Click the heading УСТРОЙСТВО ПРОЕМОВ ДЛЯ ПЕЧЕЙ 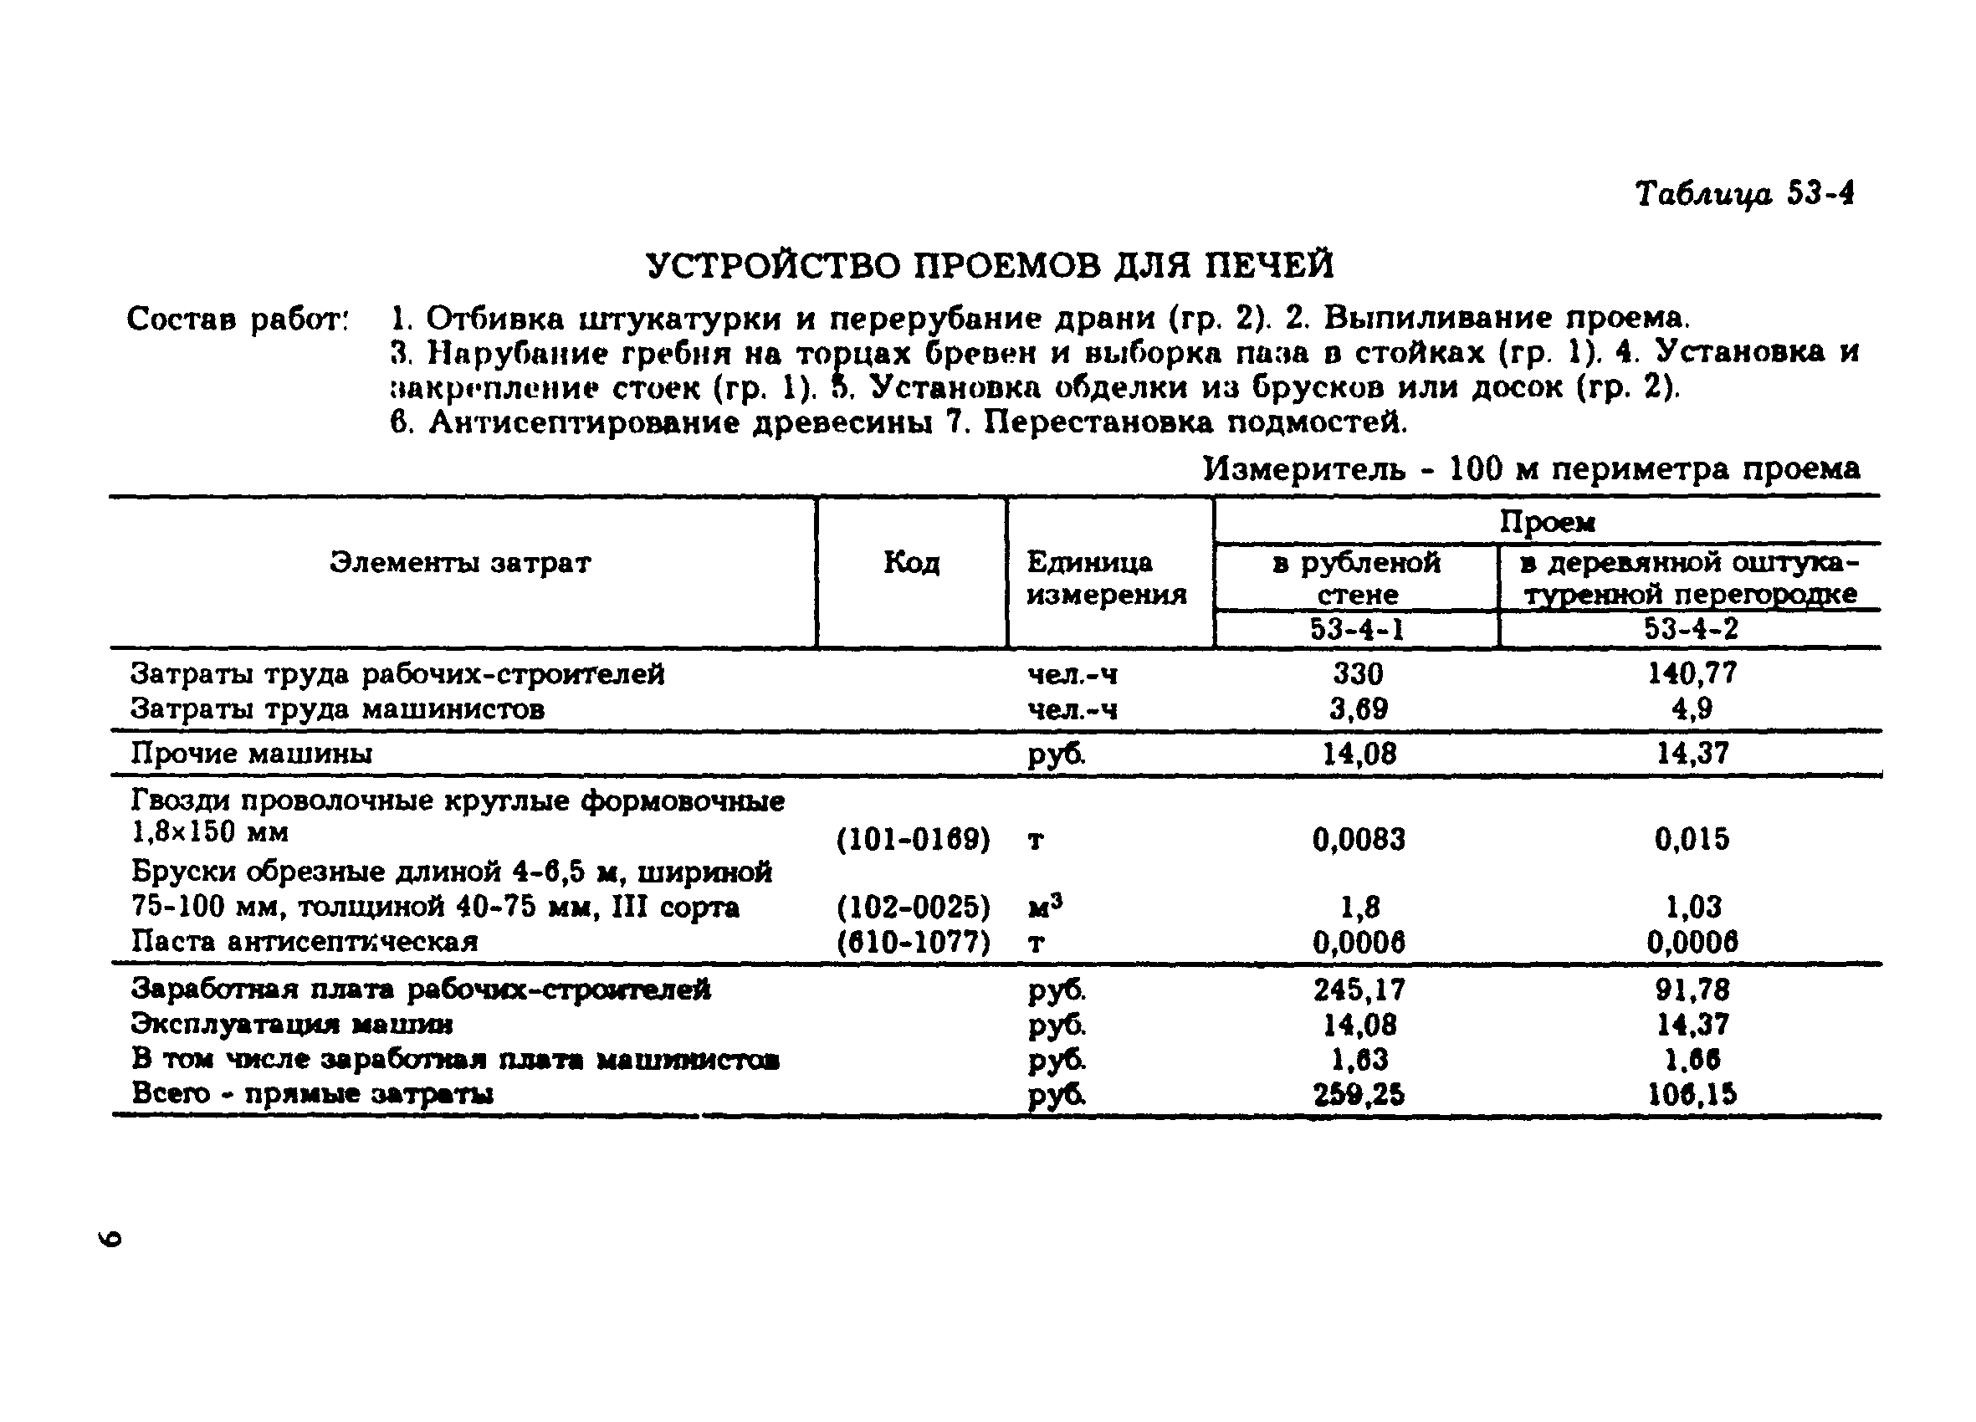click(990, 265)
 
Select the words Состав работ click(237, 319)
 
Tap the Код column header click(911, 563)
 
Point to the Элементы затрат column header click(460, 563)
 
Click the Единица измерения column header click(1106, 578)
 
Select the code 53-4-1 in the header click(1357, 629)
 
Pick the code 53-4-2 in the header click(1690, 629)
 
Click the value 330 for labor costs click(1358, 673)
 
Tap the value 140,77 click(1691, 673)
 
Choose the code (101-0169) click(912, 839)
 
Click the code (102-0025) click(912, 908)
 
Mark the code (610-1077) click(912, 942)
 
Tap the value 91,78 click(1691, 990)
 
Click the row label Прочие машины click(251, 753)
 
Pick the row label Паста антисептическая click(304, 942)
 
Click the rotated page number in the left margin click(110, 1238)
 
